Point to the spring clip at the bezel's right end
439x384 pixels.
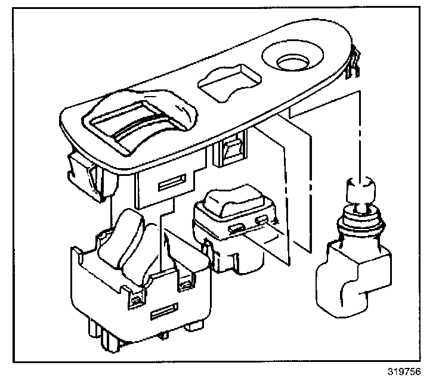[x=354, y=66]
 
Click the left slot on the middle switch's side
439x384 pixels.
[x=236, y=228]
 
